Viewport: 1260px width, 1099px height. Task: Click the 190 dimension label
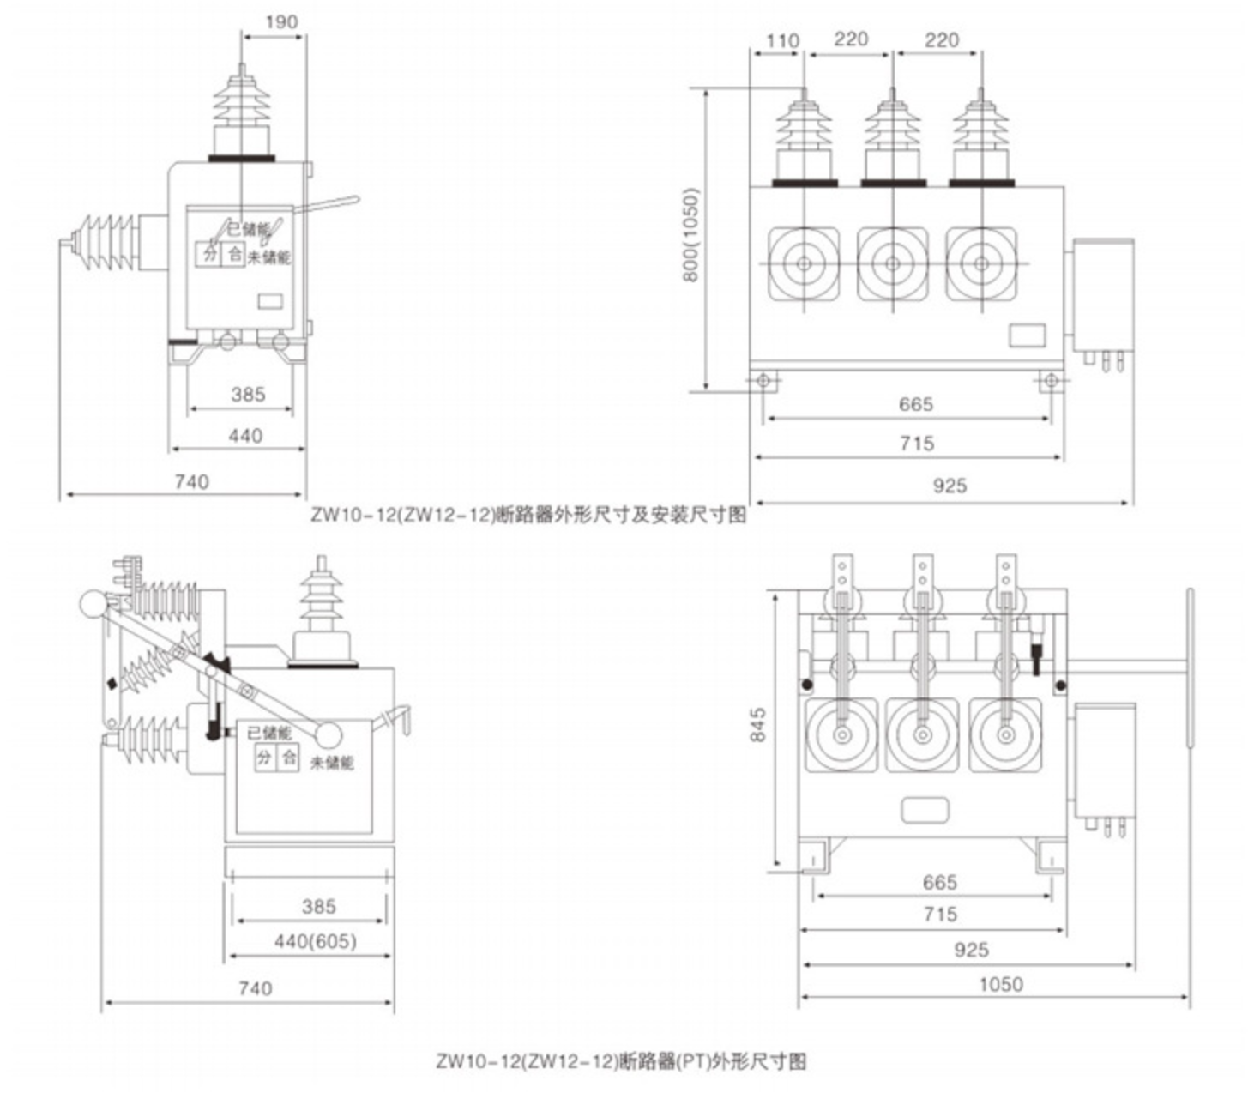tap(281, 21)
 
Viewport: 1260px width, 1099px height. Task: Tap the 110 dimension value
tap(781, 40)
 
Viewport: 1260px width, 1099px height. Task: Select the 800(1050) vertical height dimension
tap(692, 234)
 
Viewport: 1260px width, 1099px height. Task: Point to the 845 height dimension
tap(758, 725)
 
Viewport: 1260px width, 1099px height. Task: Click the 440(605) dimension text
tap(315, 941)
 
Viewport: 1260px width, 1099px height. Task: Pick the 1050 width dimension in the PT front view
tap(1000, 984)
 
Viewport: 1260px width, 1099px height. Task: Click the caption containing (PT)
tap(621, 1061)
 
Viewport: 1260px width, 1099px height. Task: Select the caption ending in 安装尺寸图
tap(528, 515)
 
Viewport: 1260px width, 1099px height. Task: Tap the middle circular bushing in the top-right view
tap(893, 263)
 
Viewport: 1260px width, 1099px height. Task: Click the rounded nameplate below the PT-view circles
tap(925, 810)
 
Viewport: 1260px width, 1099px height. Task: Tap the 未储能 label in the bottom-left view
tap(332, 762)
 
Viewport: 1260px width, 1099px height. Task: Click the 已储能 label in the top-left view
tap(249, 230)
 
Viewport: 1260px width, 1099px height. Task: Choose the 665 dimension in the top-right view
tap(915, 404)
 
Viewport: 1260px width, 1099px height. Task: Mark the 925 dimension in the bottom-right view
tap(971, 949)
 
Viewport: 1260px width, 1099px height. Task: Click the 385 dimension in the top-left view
tap(248, 395)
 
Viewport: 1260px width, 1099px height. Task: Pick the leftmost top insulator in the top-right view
tap(804, 137)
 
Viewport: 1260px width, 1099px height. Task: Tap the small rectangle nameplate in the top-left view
tap(272, 301)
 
